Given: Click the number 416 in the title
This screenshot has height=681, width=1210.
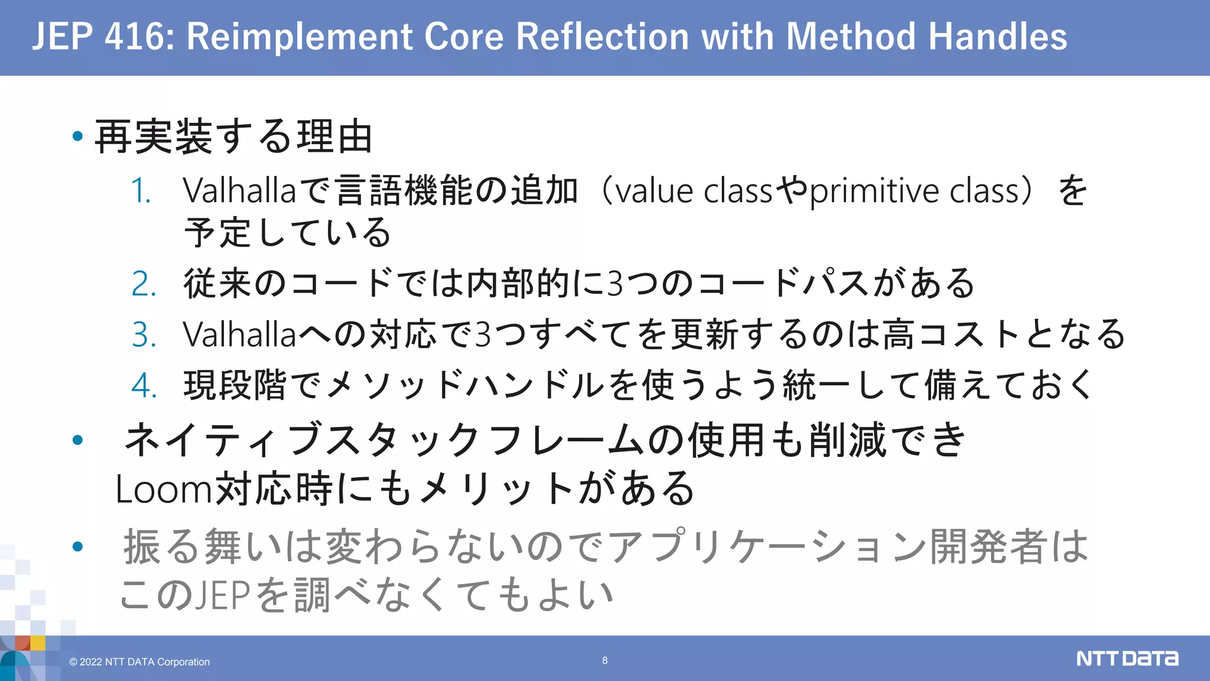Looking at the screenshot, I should (x=132, y=37).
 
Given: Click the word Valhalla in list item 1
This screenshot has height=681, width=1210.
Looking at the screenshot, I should (x=239, y=190).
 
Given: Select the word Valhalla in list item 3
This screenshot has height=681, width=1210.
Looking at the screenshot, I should (x=239, y=335).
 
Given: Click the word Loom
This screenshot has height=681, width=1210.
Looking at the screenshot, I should (x=163, y=489).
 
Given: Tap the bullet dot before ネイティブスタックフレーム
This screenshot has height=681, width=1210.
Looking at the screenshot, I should (x=77, y=440).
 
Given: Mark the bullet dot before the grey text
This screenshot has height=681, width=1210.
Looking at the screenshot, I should (x=77, y=546).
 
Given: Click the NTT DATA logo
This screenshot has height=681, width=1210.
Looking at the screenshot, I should (x=1127, y=659).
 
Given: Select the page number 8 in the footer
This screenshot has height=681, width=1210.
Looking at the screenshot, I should (x=604, y=660).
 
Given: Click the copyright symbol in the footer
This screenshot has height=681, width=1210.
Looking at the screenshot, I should (x=73, y=662).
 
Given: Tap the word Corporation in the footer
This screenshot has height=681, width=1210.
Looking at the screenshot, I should (x=183, y=662).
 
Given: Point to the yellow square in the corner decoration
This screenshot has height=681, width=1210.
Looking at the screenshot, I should (x=38, y=643).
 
